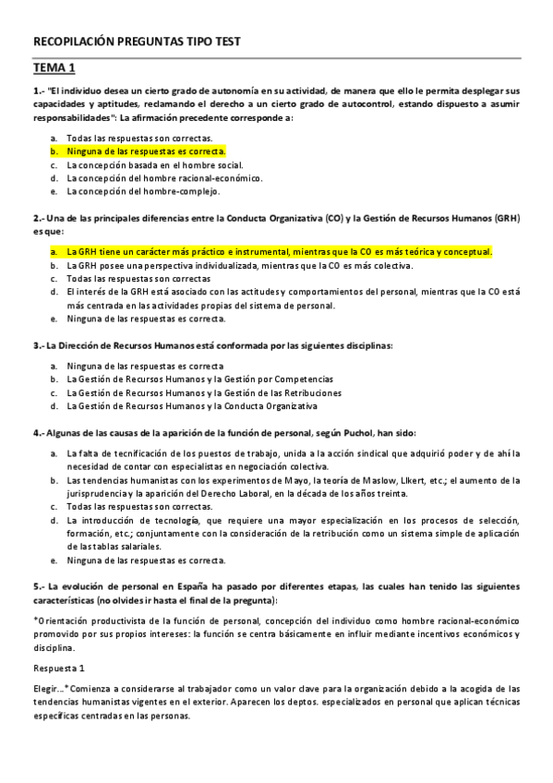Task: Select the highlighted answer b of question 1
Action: click(146, 151)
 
